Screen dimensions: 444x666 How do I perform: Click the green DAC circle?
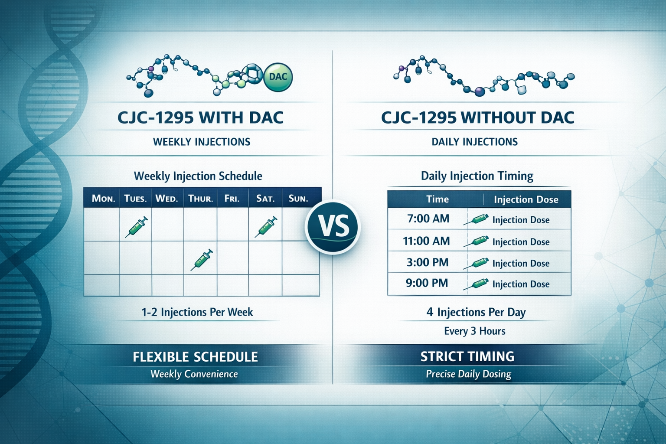(x=277, y=77)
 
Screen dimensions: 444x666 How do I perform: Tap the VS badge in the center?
(x=333, y=226)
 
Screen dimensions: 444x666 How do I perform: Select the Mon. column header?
(x=103, y=199)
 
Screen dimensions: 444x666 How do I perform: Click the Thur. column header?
(x=200, y=199)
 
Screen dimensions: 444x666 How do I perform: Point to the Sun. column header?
(x=298, y=199)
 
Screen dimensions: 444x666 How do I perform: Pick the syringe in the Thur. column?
(x=202, y=260)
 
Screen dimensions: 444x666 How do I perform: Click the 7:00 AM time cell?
(x=428, y=219)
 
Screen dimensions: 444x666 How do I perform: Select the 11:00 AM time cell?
(x=426, y=241)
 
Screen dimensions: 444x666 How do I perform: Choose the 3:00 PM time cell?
(x=427, y=262)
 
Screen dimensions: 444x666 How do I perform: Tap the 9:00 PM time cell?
(x=427, y=283)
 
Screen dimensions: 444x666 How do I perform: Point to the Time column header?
(x=437, y=199)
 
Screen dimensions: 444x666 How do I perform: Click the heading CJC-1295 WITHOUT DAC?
(x=477, y=118)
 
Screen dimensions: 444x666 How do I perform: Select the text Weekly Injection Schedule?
(x=198, y=176)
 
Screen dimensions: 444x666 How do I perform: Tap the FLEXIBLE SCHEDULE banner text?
(x=195, y=357)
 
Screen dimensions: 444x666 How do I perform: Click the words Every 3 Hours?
(x=474, y=331)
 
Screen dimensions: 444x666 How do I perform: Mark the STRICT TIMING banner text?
(x=467, y=356)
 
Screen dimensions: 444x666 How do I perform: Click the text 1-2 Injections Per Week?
(x=197, y=312)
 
